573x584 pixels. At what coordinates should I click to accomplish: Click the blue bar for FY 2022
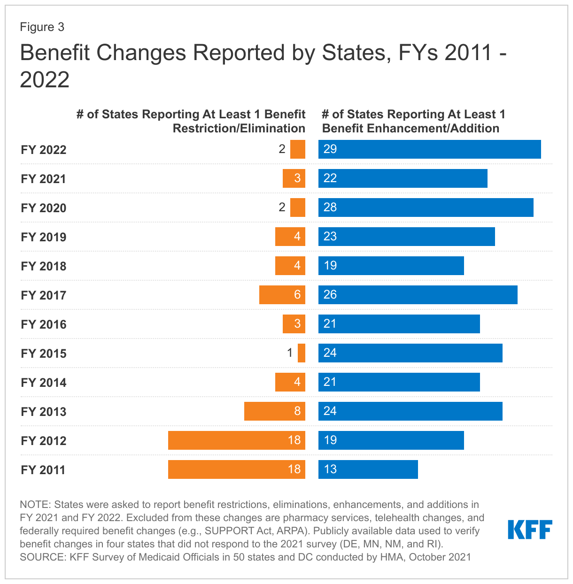coord(429,149)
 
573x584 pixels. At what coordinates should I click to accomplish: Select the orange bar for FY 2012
coord(236,440)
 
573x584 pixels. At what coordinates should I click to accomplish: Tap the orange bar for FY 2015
coord(302,353)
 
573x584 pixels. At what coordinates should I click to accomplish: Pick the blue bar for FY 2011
coord(368,469)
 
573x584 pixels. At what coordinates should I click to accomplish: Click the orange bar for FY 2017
coord(282,295)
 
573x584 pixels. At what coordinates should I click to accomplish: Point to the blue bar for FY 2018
coord(391,266)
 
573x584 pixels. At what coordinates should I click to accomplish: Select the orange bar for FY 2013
coord(274,411)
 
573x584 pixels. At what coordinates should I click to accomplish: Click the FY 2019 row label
coord(44,237)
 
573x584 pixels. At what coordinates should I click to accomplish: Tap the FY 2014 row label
coord(44,383)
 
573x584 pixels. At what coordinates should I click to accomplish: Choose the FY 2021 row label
coord(44,179)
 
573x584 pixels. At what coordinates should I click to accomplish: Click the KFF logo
coord(530,530)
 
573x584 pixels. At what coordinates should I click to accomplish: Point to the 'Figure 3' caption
coord(42,27)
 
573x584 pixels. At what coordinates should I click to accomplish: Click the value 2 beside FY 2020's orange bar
coord(282,207)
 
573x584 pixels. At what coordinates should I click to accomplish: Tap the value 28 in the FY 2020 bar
coord(330,207)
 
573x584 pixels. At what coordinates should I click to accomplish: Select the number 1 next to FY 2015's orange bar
coord(290,353)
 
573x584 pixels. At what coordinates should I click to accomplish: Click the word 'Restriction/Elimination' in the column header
coord(239,129)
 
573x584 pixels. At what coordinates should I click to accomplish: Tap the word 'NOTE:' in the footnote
coord(35,505)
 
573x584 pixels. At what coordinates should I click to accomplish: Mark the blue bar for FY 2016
coord(399,324)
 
